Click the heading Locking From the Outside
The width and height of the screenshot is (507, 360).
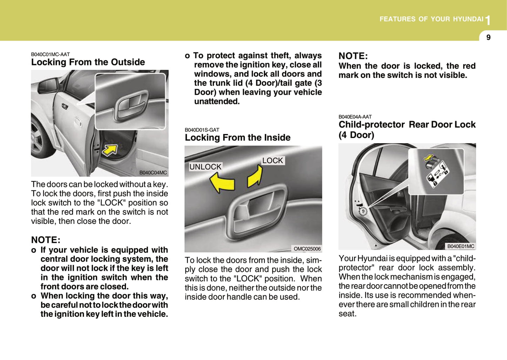(x=88, y=62)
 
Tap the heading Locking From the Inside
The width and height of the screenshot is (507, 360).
(x=238, y=138)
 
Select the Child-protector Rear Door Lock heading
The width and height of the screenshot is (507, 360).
(x=407, y=129)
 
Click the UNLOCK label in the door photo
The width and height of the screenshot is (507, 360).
(x=205, y=167)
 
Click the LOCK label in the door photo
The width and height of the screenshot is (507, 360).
(x=272, y=160)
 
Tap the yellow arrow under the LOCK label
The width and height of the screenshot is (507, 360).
(x=255, y=176)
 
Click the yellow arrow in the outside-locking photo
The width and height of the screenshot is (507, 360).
(x=109, y=150)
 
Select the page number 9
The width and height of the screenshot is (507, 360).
(x=488, y=37)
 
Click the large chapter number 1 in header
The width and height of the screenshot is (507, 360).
(x=488, y=21)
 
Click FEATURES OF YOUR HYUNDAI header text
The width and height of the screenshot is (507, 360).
(x=431, y=19)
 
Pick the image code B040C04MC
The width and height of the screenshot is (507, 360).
(x=153, y=173)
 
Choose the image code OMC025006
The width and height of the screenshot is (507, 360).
(x=307, y=249)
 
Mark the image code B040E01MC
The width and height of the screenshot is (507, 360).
(x=460, y=246)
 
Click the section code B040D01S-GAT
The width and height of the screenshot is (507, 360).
(x=202, y=130)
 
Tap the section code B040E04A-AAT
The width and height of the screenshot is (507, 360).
(x=355, y=117)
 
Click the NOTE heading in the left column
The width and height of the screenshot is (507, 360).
(x=46, y=240)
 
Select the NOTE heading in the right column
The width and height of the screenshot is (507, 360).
(x=353, y=56)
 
